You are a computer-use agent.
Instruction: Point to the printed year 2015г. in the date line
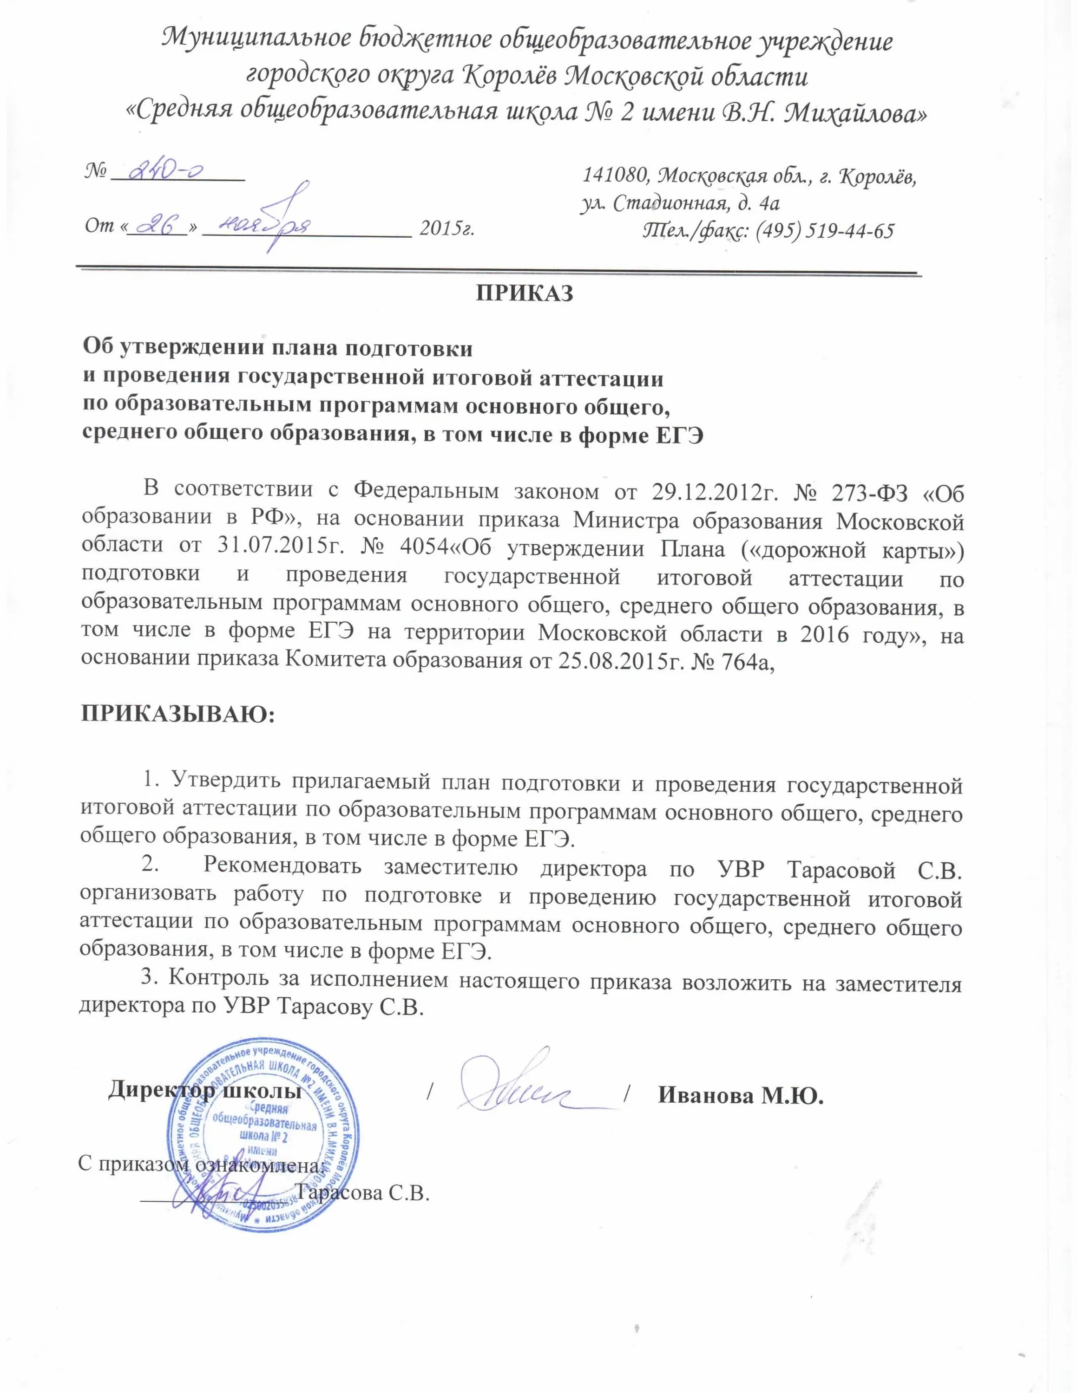[447, 228]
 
